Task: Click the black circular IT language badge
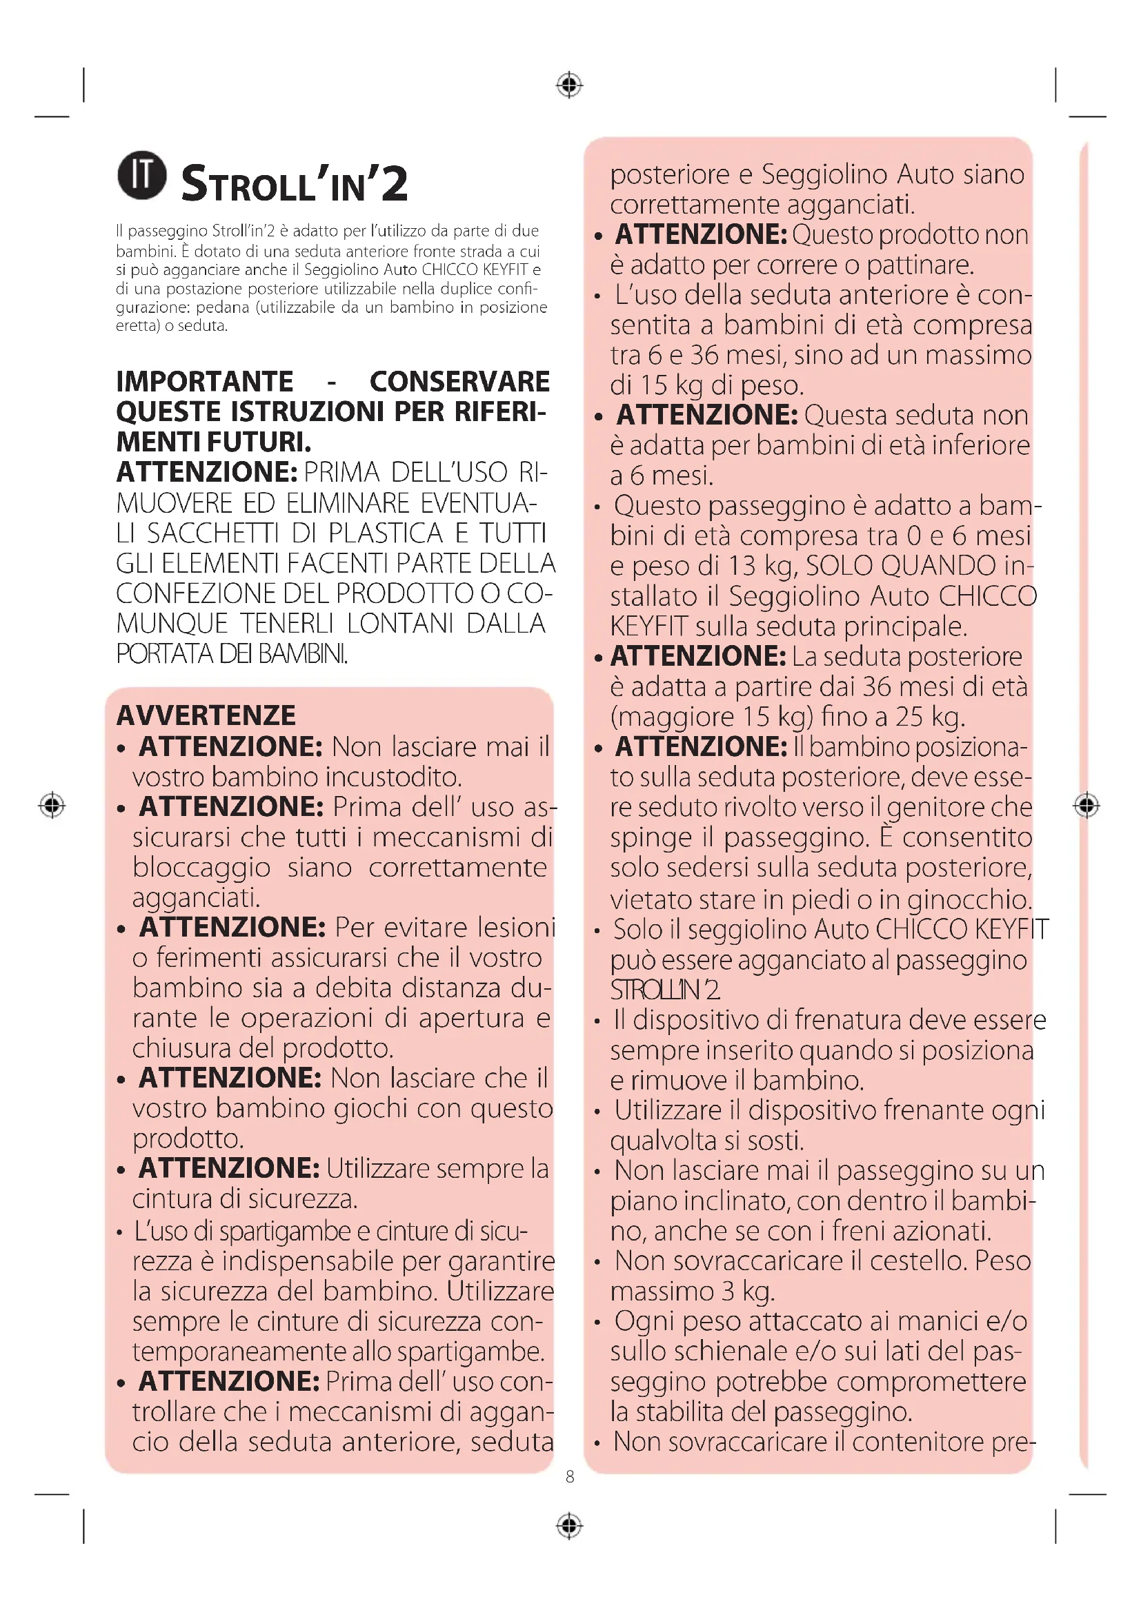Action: tap(142, 176)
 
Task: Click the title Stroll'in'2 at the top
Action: tap(295, 184)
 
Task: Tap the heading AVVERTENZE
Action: tap(206, 715)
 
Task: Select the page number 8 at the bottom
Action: tap(570, 1476)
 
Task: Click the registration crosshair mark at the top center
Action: tap(569, 85)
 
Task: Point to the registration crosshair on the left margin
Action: tap(52, 804)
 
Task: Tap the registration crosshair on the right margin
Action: tap(1087, 804)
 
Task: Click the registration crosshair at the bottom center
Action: tap(569, 1526)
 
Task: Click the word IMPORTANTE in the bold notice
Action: tap(204, 382)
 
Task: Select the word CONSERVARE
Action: tap(459, 382)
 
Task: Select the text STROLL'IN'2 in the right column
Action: tap(664, 990)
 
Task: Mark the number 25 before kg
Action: tap(909, 717)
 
